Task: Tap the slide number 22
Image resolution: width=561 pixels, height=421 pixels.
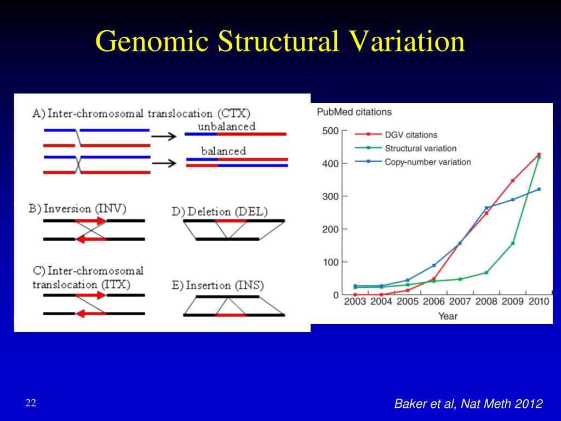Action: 31,403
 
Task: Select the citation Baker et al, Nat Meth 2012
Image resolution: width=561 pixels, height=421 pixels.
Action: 468,404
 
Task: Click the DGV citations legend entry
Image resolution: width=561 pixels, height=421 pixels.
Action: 411,135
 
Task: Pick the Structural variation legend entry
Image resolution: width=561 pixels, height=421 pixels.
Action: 420,148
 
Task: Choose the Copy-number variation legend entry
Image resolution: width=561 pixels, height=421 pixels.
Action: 427,162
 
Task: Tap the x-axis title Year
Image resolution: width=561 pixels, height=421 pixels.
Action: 448,316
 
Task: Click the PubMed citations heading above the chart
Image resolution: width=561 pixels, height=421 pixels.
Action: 354,112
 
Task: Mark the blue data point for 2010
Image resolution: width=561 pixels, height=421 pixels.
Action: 539,189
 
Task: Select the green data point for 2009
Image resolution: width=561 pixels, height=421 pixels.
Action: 513,243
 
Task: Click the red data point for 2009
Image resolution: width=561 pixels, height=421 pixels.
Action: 513,180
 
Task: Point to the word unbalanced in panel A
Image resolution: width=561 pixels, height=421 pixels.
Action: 226,127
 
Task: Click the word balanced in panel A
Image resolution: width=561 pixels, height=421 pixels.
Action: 223,151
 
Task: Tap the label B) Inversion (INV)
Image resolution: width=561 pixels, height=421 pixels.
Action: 77,209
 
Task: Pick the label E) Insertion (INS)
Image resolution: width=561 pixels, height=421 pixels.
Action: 217,286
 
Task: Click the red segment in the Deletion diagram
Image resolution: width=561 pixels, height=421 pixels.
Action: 231,220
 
